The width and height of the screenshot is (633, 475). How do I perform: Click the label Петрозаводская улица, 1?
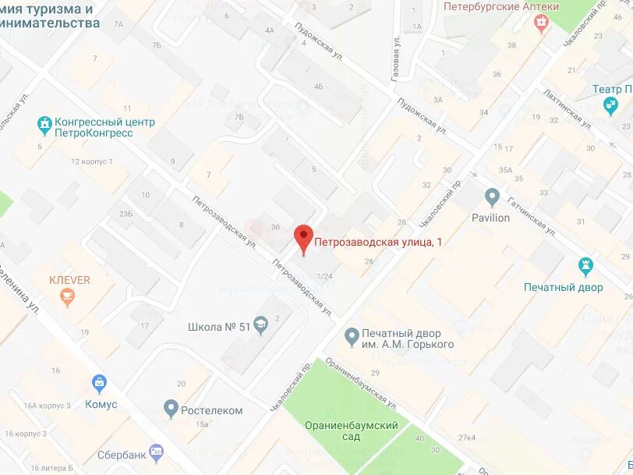[377, 243]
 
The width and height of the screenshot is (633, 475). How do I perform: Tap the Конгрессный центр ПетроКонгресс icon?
[44, 123]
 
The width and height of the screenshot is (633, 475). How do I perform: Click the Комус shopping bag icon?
[99, 383]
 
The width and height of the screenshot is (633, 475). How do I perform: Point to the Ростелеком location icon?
[172, 408]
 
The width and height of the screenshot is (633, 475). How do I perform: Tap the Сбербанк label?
[122, 454]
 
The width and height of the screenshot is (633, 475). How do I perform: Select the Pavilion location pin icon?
[491, 196]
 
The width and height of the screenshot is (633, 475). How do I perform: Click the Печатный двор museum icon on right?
[585, 267]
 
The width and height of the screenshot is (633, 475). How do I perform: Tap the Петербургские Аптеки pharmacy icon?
[540, 23]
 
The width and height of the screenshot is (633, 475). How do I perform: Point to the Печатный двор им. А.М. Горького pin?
[352, 335]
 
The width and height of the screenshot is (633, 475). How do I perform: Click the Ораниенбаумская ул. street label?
[362, 380]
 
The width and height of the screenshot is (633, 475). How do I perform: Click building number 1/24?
[324, 276]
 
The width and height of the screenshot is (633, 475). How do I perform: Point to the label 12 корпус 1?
[91, 161]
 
